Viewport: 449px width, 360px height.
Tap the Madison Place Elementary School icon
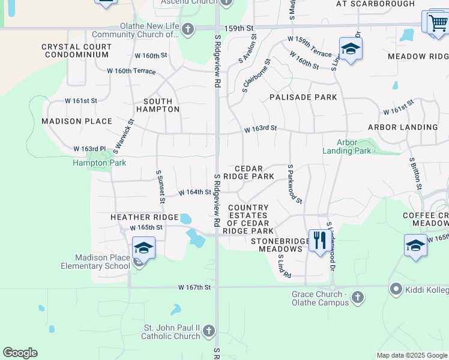(144, 247)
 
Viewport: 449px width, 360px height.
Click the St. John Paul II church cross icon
(208, 331)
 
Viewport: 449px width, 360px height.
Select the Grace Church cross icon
(357, 298)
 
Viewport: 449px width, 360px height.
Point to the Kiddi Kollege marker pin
(396, 290)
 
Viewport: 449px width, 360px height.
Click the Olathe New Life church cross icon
(188, 29)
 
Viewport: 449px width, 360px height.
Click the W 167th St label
(194, 287)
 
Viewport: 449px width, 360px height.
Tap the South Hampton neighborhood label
(158, 106)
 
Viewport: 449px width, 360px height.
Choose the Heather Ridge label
(144, 217)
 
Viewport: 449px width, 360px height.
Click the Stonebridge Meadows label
(276, 245)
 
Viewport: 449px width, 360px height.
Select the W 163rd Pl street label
(89, 148)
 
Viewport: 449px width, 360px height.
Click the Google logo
(20, 353)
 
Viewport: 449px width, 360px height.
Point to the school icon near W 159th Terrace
(351, 49)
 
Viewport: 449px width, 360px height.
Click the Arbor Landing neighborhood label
(403, 127)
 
